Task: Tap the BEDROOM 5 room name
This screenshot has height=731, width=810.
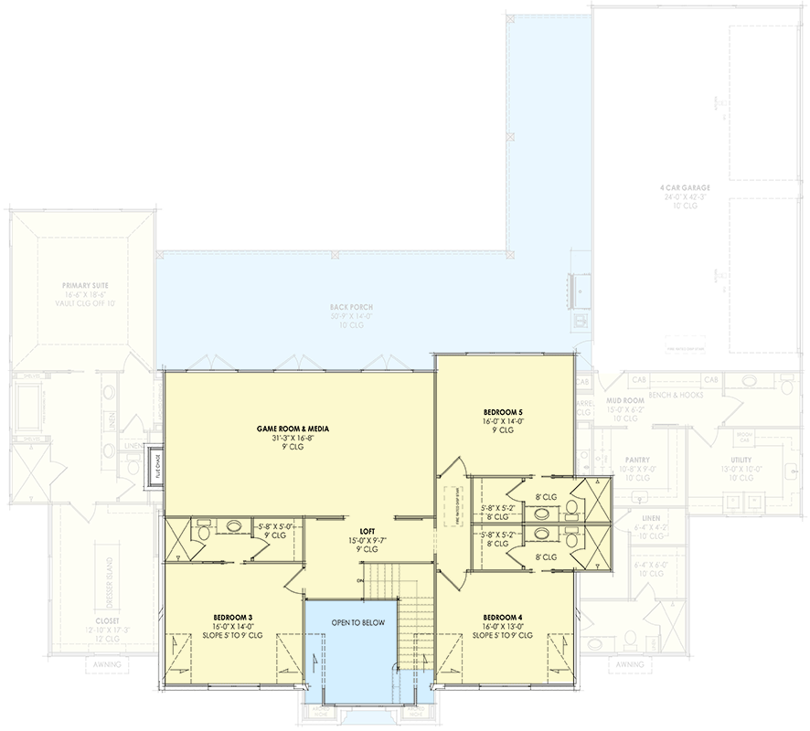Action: point(502,413)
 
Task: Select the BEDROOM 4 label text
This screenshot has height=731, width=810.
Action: point(502,617)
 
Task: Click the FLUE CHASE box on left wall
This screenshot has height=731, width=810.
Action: point(156,468)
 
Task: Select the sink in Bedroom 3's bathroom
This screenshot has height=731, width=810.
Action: point(234,526)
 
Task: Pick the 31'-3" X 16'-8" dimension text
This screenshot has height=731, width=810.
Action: point(293,438)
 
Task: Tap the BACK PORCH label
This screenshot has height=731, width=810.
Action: point(352,307)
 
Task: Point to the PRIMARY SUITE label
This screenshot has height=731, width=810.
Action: point(82,285)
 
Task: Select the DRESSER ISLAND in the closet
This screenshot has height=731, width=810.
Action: point(111,577)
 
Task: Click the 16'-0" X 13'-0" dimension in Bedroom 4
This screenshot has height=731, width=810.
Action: point(502,627)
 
